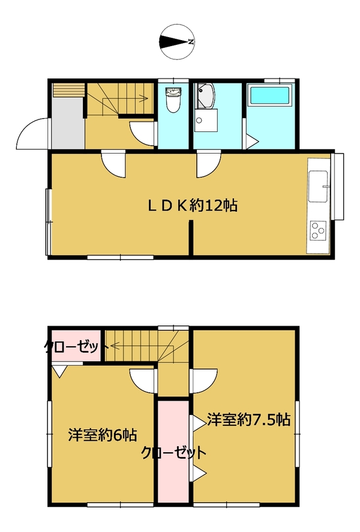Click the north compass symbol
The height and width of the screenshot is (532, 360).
177,42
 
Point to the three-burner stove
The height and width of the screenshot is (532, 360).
318,231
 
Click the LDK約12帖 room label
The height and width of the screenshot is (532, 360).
193,206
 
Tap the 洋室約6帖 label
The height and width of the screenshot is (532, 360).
103,435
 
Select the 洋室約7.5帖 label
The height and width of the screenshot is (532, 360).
249,420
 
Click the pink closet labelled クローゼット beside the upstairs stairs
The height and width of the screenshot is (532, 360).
76,345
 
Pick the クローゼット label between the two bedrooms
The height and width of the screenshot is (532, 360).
174,453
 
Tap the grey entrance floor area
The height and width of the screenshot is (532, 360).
68,123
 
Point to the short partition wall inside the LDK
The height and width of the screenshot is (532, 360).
191,238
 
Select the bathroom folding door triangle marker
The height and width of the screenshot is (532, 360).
252,142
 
